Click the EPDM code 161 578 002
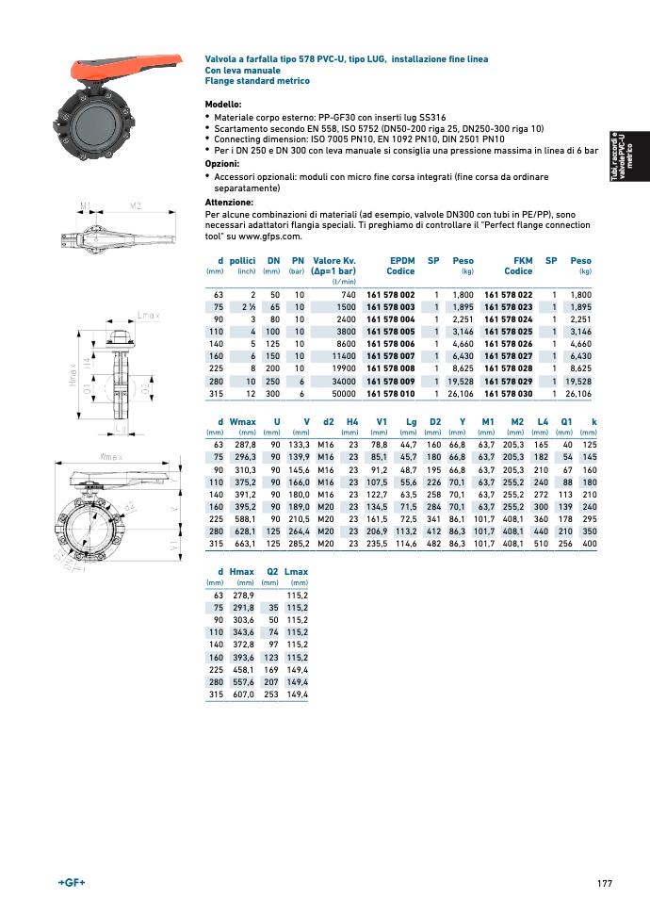tap(390, 295)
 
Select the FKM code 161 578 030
tap(508, 393)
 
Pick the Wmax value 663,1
tap(243, 544)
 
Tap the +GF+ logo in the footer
tap(72, 882)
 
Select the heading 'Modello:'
tap(223, 104)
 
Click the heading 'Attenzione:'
tap(229, 203)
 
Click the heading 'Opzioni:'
tap(222, 163)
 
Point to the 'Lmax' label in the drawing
tap(149, 314)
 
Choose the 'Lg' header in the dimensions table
tap(411, 421)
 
